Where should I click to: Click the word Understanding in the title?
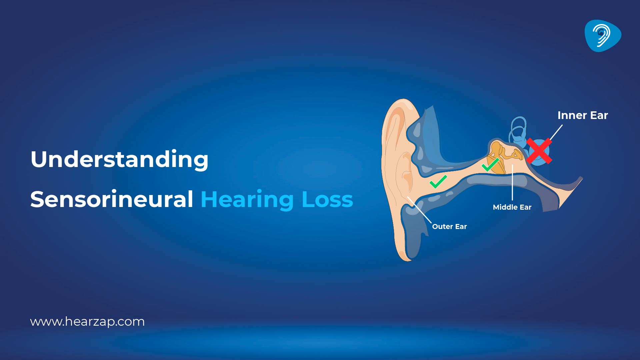[x=119, y=159]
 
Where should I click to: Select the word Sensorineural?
[x=112, y=199]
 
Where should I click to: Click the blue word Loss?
[x=327, y=200]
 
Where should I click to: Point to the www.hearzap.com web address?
[x=87, y=322]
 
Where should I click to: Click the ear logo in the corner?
[x=603, y=36]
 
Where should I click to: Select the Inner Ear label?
[x=583, y=115]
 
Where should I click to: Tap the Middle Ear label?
[x=512, y=207]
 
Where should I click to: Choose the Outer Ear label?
[x=449, y=227]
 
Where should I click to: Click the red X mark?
[x=539, y=151]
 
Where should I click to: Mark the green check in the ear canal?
[x=438, y=181]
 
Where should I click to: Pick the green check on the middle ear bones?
[x=490, y=164]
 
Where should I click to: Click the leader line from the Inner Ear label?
[x=556, y=133]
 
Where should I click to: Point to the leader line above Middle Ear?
[x=512, y=183]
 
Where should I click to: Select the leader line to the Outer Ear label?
[x=419, y=210]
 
